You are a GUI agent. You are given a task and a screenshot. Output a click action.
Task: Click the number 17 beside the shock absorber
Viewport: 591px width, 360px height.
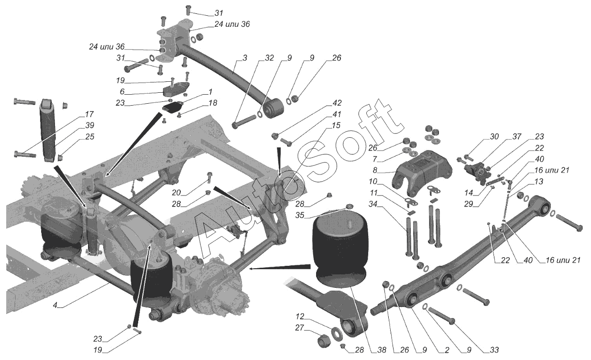pyautogui.click(x=89, y=115)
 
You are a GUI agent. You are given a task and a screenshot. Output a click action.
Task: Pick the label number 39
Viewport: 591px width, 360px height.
pyautogui.click(x=89, y=125)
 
